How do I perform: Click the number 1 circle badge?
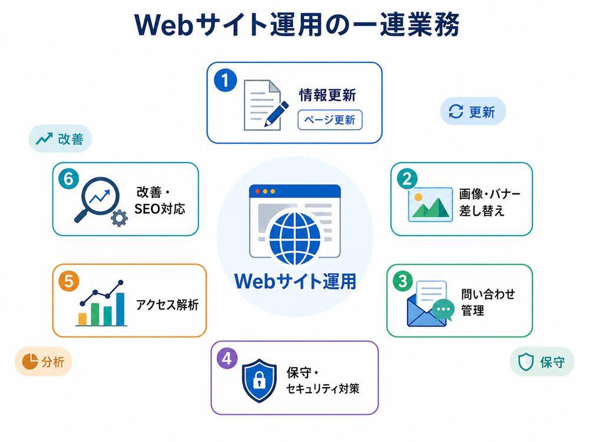pyautogui.click(x=226, y=80)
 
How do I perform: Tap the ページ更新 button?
pyautogui.click(x=330, y=120)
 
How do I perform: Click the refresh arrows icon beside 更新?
pyautogui.click(x=456, y=111)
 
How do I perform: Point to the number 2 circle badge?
pyautogui.click(x=407, y=179)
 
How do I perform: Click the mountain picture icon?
pyautogui.click(x=430, y=204)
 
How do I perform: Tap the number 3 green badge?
pyautogui.click(x=403, y=281)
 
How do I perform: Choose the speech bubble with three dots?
pyautogui.click(x=444, y=310)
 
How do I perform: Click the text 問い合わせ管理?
pyautogui.click(x=488, y=302)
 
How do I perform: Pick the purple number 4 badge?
pyautogui.click(x=227, y=358)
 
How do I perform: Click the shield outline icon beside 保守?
pyautogui.click(x=526, y=362)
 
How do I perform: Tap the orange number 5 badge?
pyautogui.click(x=69, y=281)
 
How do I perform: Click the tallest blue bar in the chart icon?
pyautogui.click(x=120, y=309)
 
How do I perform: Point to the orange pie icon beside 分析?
pyautogui.click(x=30, y=361)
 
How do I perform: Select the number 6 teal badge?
pyautogui.click(x=69, y=179)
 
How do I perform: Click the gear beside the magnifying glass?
pyautogui.click(x=119, y=218)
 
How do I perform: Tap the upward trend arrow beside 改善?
pyautogui.click(x=44, y=138)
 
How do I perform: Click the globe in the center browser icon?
pyautogui.click(x=295, y=238)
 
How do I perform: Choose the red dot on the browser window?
pyautogui.click(x=258, y=192)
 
